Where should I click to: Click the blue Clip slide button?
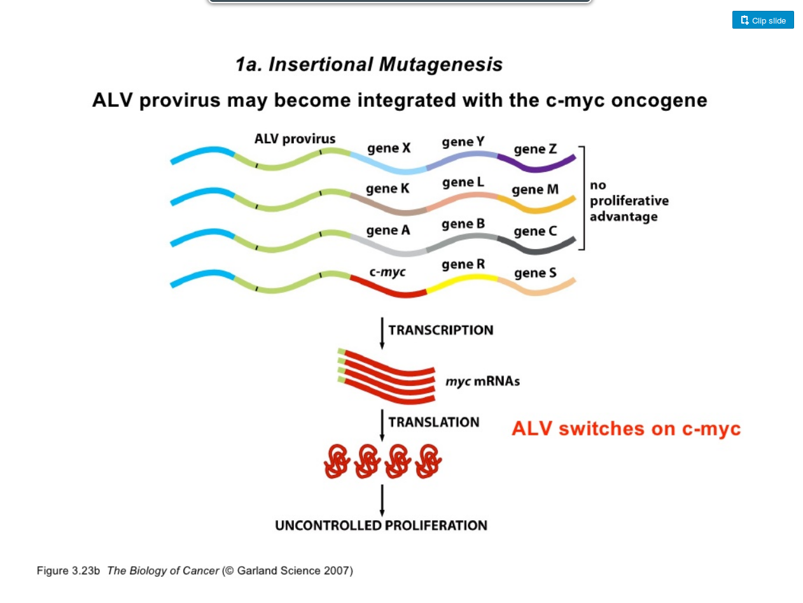pyautogui.click(x=762, y=20)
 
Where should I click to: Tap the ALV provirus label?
pyautogui.click(x=295, y=139)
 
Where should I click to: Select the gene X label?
pyautogui.click(x=389, y=148)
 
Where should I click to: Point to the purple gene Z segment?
pyautogui.click(x=536, y=164)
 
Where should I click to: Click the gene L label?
pyautogui.click(x=463, y=182)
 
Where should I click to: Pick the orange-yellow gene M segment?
pyautogui.click(x=536, y=206)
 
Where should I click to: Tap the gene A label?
pyautogui.click(x=388, y=230)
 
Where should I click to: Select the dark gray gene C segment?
pyautogui.click(x=536, y=247)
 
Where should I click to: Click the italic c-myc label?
pyautogui.click(x=387, y=272)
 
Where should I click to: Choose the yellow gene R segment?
pyautogui.click(x=462, y=282)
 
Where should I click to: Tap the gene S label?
pyautogui.click(x=535, y=273)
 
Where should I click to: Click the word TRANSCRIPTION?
pyautogui.click(x=440, y=330)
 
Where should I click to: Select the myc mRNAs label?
pyautogui.click(x=482, y=381)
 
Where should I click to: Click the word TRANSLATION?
pyautogui.click(x=433, y=422)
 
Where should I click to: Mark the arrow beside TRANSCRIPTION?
pyautogui.click(x=382, y=333)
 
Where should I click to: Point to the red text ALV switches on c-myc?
pyautogui.click(x=625, y=429)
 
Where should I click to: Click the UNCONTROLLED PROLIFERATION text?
pyautogui.click(x=381, y=525)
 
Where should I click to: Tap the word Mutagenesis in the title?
pyautogui.click(x=440, y=65)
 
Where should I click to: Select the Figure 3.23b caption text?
pyautogui.click(x=195, y=571)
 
